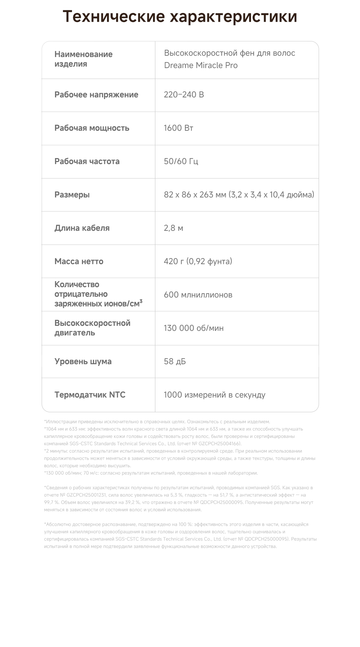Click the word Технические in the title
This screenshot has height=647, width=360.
pos(114,17)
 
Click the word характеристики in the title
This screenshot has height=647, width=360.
pos(233,17)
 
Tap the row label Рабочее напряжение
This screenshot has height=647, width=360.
pos(96,95)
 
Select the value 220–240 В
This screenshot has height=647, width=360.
pos(184,95)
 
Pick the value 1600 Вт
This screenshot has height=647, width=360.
pos(178,128)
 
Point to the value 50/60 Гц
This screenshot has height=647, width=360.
pos(181,161)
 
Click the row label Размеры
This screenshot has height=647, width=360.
pos(72,195)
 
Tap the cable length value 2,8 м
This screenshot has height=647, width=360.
pos(173,228)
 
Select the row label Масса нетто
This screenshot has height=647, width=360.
pos(79,261)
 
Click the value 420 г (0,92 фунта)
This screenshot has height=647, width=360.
pos(198,261)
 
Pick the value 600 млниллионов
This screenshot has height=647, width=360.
pos(198,295)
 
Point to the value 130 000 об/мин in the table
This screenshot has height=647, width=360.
pos(194,328)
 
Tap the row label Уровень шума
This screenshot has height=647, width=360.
pos(83,362)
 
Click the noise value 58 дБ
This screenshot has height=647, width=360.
pos(175,362)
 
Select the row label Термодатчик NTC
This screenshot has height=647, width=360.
pos(90,395)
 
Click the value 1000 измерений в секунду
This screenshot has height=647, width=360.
pos(214,395)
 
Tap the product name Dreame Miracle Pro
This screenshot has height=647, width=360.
pos(201,65)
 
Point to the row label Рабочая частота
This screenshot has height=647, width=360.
pos(87,161)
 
